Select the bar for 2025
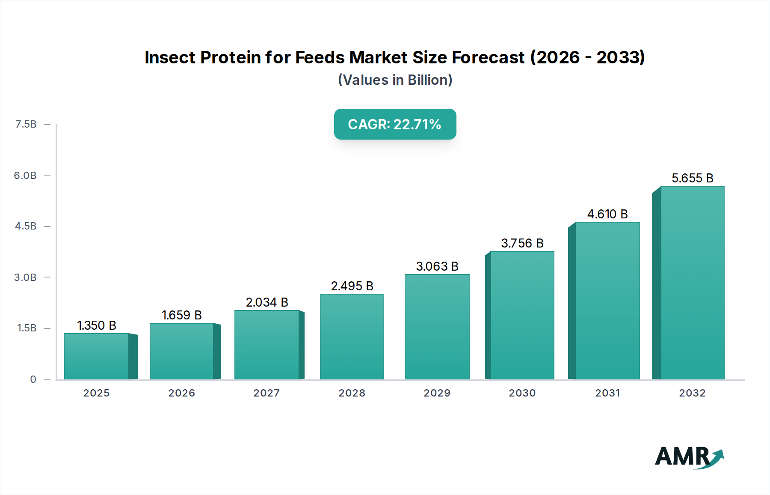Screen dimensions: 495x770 (97, 356)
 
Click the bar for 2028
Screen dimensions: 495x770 (352, 337)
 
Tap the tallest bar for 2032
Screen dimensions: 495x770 (692, 283)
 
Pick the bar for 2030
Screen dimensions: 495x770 (522, 315)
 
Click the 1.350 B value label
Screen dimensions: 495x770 (97, 325)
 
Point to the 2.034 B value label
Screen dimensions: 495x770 (267, 302)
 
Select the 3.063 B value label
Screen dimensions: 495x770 (437, 266)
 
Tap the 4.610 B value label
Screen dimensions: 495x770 (607, 214)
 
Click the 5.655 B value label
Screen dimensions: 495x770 (692, 178)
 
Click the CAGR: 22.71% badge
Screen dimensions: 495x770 (395, 124)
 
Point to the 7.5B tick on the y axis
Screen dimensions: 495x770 (26, 124)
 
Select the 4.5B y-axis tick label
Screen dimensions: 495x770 (26, 226)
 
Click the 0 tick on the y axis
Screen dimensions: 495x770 (33, 379)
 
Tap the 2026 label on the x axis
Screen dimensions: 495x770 (181, 393)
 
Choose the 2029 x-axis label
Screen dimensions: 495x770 (437, 393)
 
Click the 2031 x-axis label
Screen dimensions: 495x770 (607, 393)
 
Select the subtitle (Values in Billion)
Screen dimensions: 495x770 (395, 80)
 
